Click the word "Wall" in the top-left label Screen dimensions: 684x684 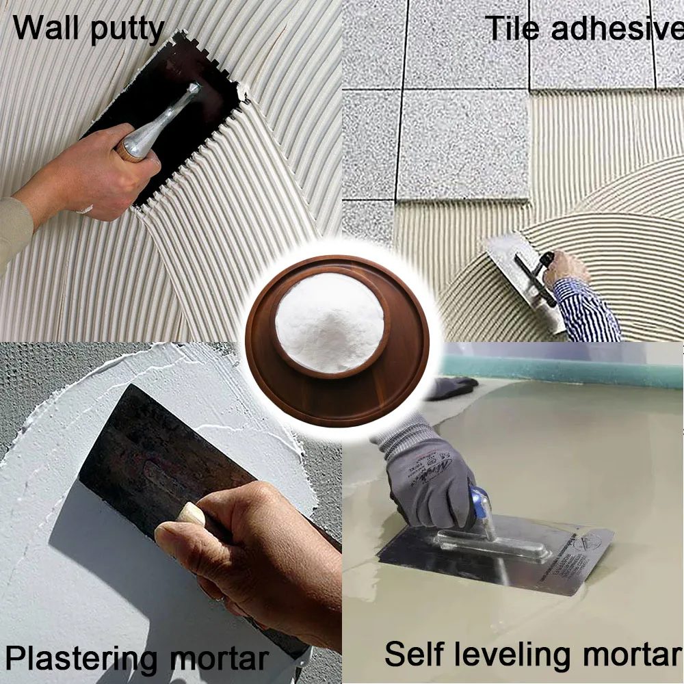[x=44, y=29]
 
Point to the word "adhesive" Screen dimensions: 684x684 [x=616, y=29]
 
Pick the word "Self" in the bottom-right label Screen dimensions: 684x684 [x=410, y=653]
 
